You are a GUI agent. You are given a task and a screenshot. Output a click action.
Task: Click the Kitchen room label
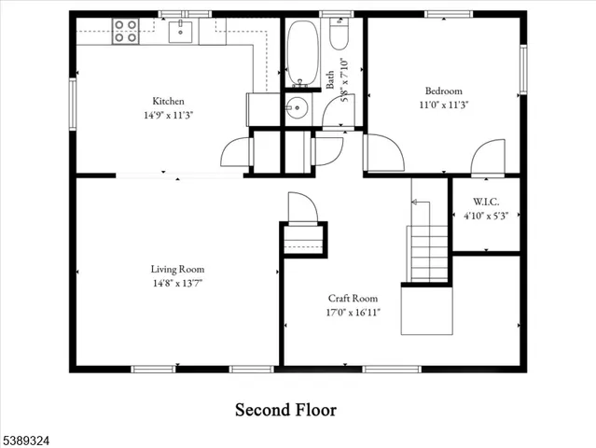click(x=168, y=101)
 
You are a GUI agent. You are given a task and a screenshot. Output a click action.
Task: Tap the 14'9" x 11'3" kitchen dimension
click(x=168, y=115)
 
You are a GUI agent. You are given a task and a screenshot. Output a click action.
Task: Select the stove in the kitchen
click(x=125, y=32)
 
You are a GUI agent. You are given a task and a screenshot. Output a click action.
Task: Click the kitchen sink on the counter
click(x=181, y=34)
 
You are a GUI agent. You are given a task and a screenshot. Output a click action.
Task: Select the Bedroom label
click(x=443, y=91)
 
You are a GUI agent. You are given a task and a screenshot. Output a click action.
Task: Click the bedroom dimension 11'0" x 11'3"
click(x=443, y=105)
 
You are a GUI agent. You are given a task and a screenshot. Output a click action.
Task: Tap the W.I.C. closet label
click(x=485, y=201)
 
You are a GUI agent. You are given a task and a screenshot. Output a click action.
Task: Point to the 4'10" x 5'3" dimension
click(x=485, y=216)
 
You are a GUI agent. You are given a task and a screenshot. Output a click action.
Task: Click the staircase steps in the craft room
click(x=429, y=252)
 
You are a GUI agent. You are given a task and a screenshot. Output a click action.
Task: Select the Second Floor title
click(x=284, y=410)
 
